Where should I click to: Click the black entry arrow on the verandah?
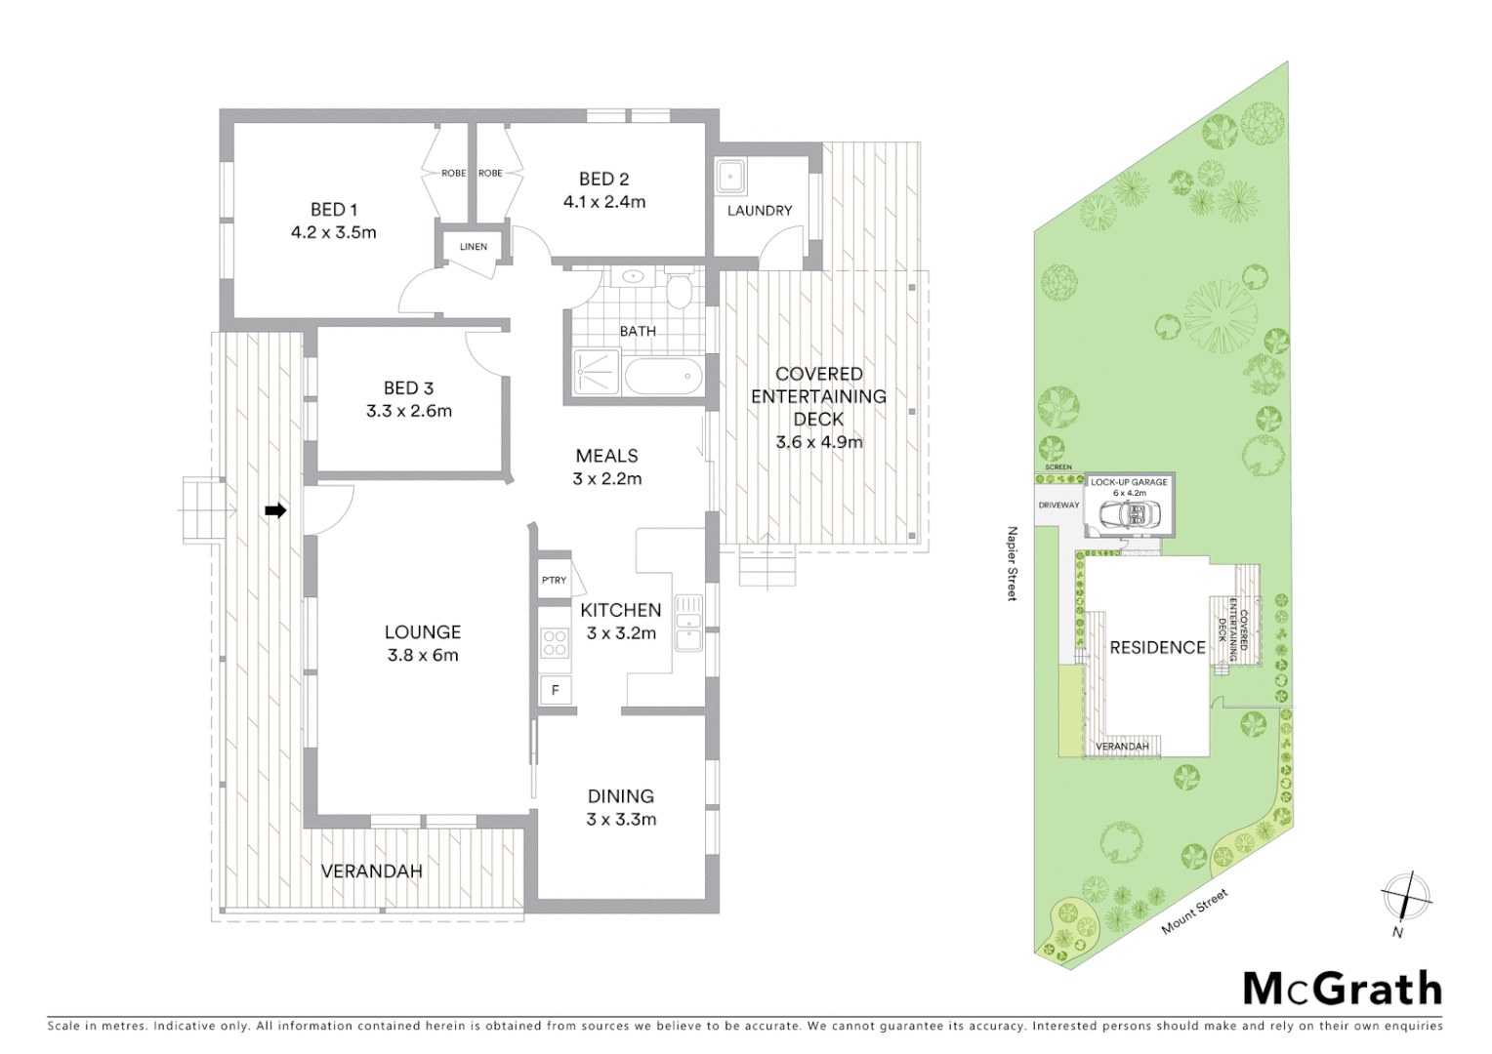[276, 509]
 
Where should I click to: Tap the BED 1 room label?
[334, 209]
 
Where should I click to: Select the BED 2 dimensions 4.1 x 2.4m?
[603, 202]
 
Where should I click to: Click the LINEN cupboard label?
[474, 247]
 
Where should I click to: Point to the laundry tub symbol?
[730, 177]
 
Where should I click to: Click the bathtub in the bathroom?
[663, 376]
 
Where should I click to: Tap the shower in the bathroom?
[596, 372]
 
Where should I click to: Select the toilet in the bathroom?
[678, 290]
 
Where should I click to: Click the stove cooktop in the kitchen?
[555, 643]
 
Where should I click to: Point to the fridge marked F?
[555, 690]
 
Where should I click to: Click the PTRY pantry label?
[554, 580]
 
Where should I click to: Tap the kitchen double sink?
[688, 623]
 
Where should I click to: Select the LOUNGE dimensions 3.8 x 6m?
[422, 655]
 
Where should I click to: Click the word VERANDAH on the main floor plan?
[371, 871]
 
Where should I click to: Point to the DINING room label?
[620, 796]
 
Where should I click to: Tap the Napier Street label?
[1013, 563]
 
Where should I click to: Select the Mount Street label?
[1194, 912]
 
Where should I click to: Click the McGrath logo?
[1342, 989]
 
